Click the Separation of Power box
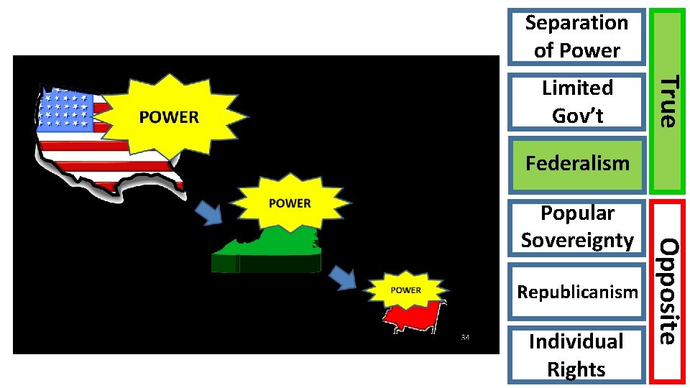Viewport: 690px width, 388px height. [576, 36]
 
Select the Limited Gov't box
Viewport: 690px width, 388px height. [576, 101]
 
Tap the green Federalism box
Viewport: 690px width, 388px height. [576, 163]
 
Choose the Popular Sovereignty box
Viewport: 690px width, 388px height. [576, 226]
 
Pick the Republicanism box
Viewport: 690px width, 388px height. [576, 292]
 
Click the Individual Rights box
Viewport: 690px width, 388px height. [576, 354]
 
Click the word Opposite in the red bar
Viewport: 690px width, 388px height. [668, 291]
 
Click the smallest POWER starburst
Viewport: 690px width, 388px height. [406, 290]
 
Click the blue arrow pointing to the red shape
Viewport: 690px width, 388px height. [344, 278]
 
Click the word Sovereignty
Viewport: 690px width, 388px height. [577, 240]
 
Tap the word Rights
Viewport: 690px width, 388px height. [576, 369]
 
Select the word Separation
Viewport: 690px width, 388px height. [576, 23]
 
